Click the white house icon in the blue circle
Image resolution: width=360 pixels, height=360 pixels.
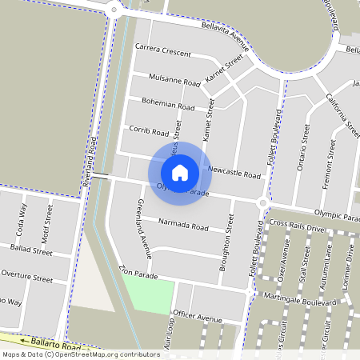pos(180,172)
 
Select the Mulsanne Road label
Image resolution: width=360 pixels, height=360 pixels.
pos(174,81)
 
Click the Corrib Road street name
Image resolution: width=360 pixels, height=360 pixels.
pos(149,131)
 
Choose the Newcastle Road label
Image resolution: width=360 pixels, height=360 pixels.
pos(234,173)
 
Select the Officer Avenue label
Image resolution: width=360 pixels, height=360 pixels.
pos(197,318)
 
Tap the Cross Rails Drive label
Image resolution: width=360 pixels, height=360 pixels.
pos(297,227)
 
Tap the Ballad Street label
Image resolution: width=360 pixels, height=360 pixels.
pos(31,250)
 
